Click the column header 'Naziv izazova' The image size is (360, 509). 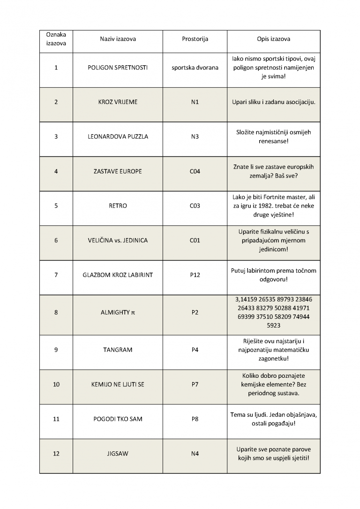point(118,39)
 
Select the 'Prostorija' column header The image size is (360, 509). point(195,39)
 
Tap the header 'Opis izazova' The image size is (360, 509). point(273,39)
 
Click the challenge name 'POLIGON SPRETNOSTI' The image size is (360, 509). point(118,67)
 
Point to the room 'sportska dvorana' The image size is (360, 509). point(195,67)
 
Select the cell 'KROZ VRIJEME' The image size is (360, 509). point(118,102)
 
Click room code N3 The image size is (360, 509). point(195,137)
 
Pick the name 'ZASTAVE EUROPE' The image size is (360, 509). point(118,172)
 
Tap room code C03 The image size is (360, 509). point(195,206)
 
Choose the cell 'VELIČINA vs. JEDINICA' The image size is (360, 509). point(118,240)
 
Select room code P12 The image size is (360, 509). point(195,275)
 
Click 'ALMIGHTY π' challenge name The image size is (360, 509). point(118,312)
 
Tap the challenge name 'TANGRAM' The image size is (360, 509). point(118,350)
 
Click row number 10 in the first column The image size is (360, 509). point(56,384)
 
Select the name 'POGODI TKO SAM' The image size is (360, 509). point(118,419)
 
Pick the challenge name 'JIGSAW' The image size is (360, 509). point(118,454)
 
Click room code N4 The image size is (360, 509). point(195,454)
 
